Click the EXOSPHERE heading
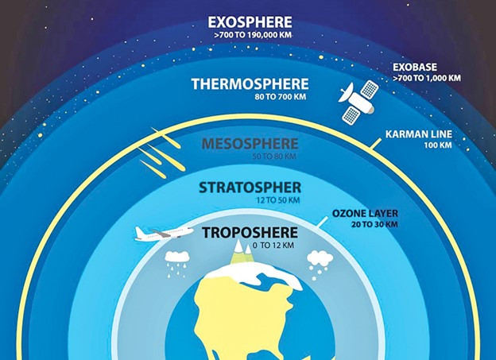coord(250,22)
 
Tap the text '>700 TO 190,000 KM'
coord(253,35)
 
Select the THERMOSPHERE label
coord(250,84)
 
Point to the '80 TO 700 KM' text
coord(281,96)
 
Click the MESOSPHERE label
coord(250,144)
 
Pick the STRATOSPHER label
coord(250,188)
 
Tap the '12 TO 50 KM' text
coord(277,200)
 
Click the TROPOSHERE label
coord(250,233)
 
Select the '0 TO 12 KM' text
coord(273,246)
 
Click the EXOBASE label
coord(415,67)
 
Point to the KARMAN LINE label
coord(418,134)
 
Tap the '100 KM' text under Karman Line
coord(438,145)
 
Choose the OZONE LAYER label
coord(365,214)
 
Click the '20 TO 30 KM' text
coord(374,225)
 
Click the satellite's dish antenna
coord(346,92)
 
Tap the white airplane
coord(164,233)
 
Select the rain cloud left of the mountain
coord(177,264)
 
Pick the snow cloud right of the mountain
coord(320,265)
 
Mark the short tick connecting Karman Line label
coord(375,143)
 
